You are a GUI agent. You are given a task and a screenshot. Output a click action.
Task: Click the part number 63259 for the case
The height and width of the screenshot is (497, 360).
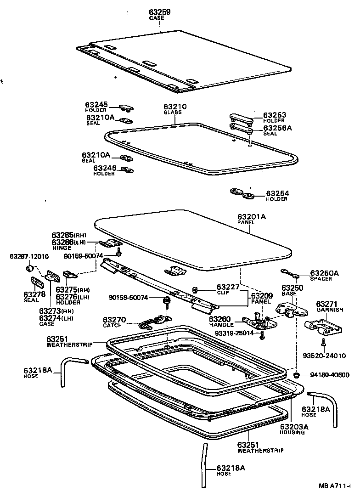tap(159, 12)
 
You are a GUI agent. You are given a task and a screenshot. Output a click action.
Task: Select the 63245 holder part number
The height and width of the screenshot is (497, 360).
tap(96, 105)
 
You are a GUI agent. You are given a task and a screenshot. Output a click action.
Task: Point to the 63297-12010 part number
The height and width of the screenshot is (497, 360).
tap(29, 256)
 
